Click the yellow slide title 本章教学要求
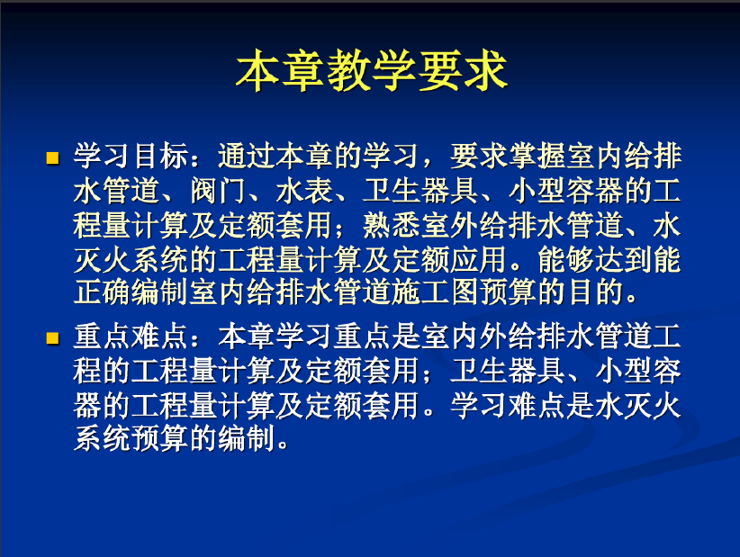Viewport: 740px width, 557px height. tap(372, 71)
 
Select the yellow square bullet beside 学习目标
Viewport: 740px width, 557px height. tap(52, 157)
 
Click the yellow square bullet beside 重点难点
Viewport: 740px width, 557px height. tap(52, 337)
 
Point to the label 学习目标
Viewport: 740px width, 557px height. tap(131, 156)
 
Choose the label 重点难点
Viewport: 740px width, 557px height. tap(131, 337)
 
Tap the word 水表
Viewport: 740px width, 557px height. tap(305, 191)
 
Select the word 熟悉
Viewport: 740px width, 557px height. tap(392, 225)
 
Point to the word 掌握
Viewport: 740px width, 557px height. tap(537, 156)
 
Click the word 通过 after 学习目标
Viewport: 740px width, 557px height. tap(247, 156)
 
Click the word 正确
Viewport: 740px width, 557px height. tap(103, 292)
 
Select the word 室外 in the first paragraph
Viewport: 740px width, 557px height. tap(450, 225)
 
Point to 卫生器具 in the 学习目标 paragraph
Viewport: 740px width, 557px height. tap(420, 191)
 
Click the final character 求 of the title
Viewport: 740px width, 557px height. tap(486, 71)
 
